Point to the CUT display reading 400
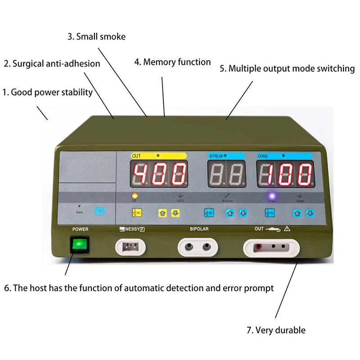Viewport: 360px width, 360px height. tap(159, 174)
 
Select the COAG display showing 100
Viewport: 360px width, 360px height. tap(285, 174)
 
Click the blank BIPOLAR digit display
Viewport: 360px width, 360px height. tap(226, 174)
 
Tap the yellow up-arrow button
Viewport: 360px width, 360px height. tap(162, 212)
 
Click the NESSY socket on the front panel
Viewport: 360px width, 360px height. tap(132, 247)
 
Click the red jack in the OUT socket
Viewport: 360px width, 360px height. tap(259, 247)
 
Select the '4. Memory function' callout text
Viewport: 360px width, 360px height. tap(172, 62)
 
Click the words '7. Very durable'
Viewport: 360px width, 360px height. tap(276, 330)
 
